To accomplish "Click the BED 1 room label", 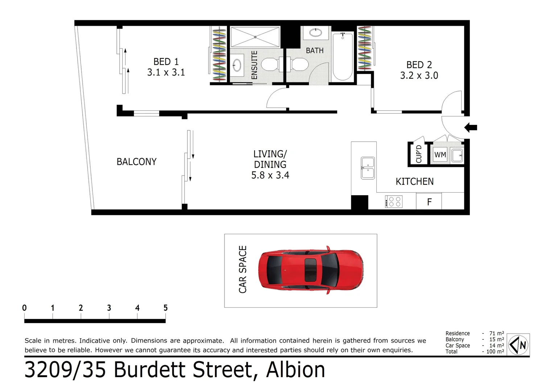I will [166, 62].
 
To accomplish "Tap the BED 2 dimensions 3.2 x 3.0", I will [419, 75].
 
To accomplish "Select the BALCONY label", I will [136, 162].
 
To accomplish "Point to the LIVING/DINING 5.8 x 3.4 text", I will [270, 165].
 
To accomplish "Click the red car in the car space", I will [310, 270].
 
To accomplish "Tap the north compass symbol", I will [519, 344].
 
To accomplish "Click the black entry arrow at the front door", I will [471, 127].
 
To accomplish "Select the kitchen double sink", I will [368, 168].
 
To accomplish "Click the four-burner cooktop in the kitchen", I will [394, 202].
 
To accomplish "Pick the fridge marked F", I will [429, 202].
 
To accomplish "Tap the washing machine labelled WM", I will [440, 155].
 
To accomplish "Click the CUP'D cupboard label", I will [419, 154].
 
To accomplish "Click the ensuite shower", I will [255, 37].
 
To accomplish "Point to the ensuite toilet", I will [269, 65].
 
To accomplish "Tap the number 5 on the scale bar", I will [165, 308].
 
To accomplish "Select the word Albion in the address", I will [295, 370].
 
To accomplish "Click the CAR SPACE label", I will [243, 269].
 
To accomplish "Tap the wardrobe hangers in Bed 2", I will [364, 48].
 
